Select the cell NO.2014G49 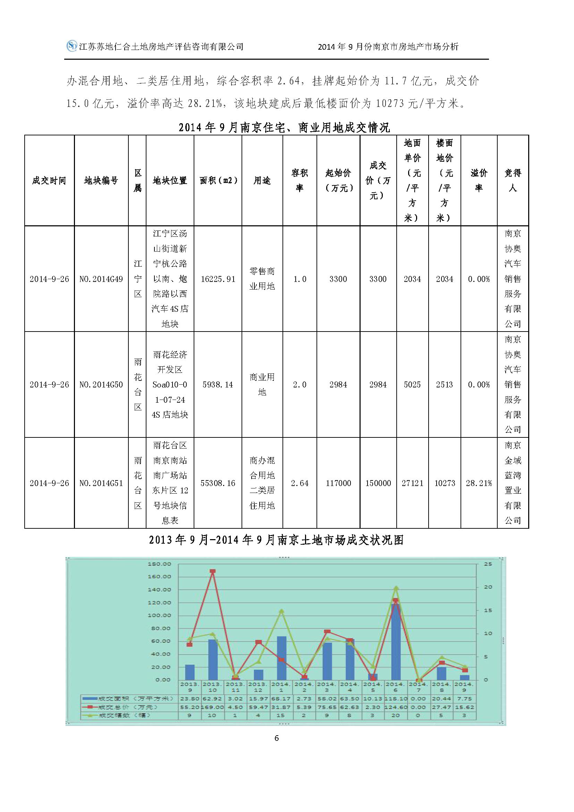point(101,279)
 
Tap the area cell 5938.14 point(218,384)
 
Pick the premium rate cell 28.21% point(479,483)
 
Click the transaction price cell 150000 point(378,483)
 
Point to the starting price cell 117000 point(338,483)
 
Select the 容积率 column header point(299,181)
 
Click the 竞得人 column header point(513,181)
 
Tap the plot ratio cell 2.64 point(299,483)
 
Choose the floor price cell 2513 point(444,384)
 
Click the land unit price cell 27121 point(412,483)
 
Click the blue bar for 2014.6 point(396,644)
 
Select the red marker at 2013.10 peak point(213,571)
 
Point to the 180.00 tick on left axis point(159,564)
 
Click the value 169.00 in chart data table point(212,707)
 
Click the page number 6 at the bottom point(277,738)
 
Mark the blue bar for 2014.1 point(282,660)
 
